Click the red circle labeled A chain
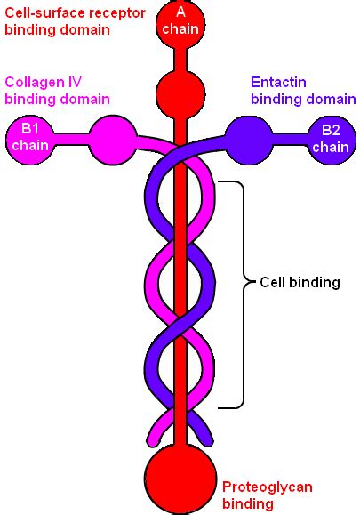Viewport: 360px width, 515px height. pyautogui.click(x=180, y=24)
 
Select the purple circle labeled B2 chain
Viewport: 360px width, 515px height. pyautogui.click(x=332, y=141)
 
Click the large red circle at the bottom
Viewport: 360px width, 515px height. pyautogui.click(x=180, y=479)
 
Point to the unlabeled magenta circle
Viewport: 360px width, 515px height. pyautogui.click(x=113, y=140)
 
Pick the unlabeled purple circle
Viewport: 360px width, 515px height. pyautogui.click(x=249, y=141)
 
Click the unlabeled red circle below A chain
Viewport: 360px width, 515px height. pyautogui.click(x=180, y=94)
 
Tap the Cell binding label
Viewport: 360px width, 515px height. pyautogui.click(x=300, y=282)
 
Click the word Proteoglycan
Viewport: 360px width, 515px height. pyautogui.click(x=268, y=487)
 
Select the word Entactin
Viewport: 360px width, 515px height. pyautogui.click(x=278, y=82)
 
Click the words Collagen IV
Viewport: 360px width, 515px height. pyautogui.click(x=43, y=82)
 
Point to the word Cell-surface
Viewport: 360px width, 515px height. pyautogui.click(x=43, y=13)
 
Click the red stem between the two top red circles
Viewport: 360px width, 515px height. pyautogui.click(x=180, y=60)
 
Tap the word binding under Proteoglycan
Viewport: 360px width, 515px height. pyautogui.click(x=248, y=503)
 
